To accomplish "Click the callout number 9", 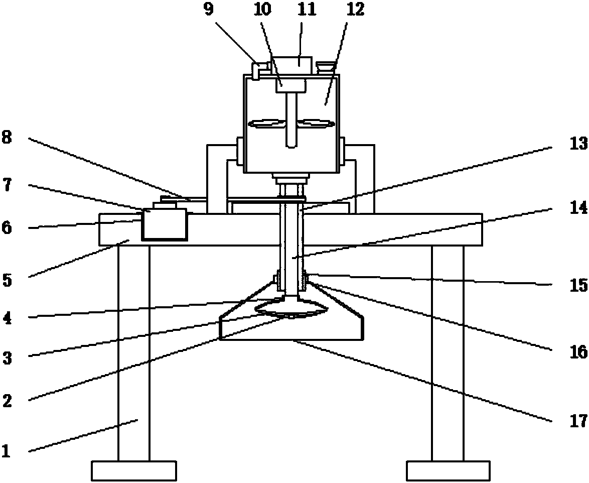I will coord(209,11).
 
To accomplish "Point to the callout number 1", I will coord(7,450).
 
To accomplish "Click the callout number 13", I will coord(578,144).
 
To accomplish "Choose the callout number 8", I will coord(7,138).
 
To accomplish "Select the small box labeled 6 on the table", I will coord(164,224).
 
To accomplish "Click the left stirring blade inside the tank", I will coord(266,123).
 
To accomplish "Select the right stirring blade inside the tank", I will coord(316,123).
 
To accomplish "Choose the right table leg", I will coord(448,351).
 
